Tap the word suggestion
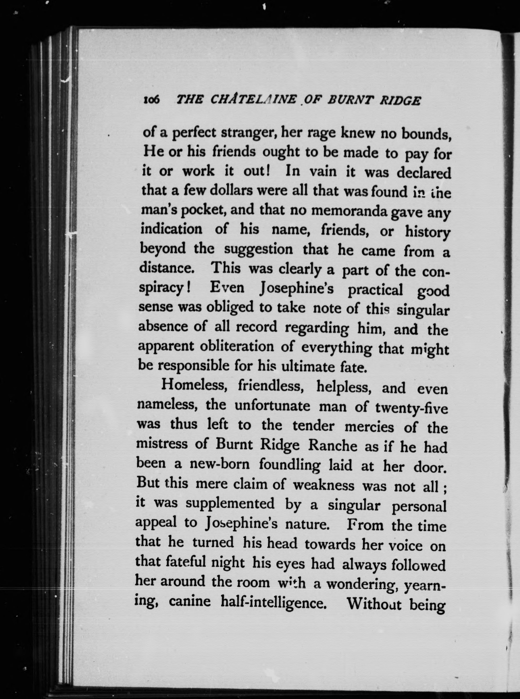[x=259, y=250]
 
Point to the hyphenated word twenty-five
[x=411, y=409]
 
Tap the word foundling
[x=289, y=465]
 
